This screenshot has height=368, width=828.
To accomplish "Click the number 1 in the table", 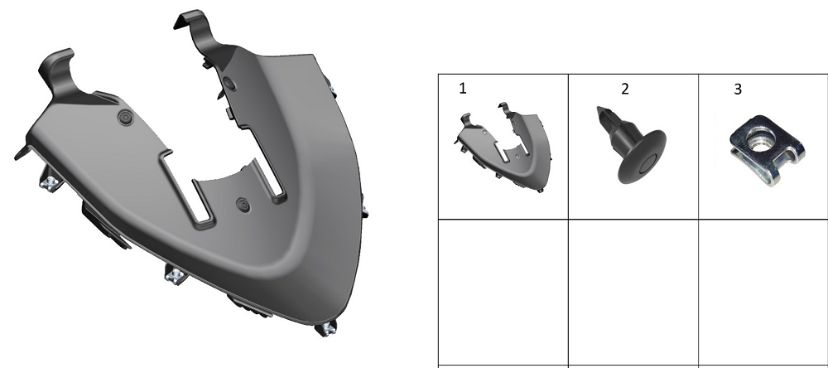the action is [x=463, y=89].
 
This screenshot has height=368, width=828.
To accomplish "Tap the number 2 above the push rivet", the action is [x=625, y=89].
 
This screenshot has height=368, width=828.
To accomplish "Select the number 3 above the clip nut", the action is [x=738, y=90].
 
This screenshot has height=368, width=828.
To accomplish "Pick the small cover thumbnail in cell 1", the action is [x=503, y=147].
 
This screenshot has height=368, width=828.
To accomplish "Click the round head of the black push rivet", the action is [x=643, y=157].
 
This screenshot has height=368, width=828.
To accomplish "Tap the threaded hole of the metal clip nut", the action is [x=759, y=142].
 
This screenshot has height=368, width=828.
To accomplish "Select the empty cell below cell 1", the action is [x=503, y=292].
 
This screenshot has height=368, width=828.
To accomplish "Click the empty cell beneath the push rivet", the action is [x=633, y=292].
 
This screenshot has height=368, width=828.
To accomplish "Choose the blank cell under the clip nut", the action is [x=763, y=292].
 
